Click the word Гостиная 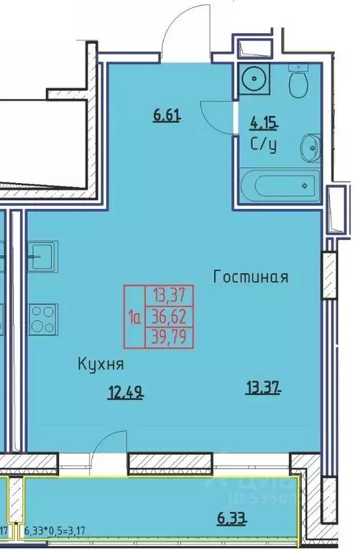(x=250, y=277)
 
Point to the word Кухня (x=101, y=365)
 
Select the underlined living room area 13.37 (x=259, y=389)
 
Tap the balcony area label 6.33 (x=231, y=517)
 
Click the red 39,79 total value (x=167, y=335)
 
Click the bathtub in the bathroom (x=277, y=185)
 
